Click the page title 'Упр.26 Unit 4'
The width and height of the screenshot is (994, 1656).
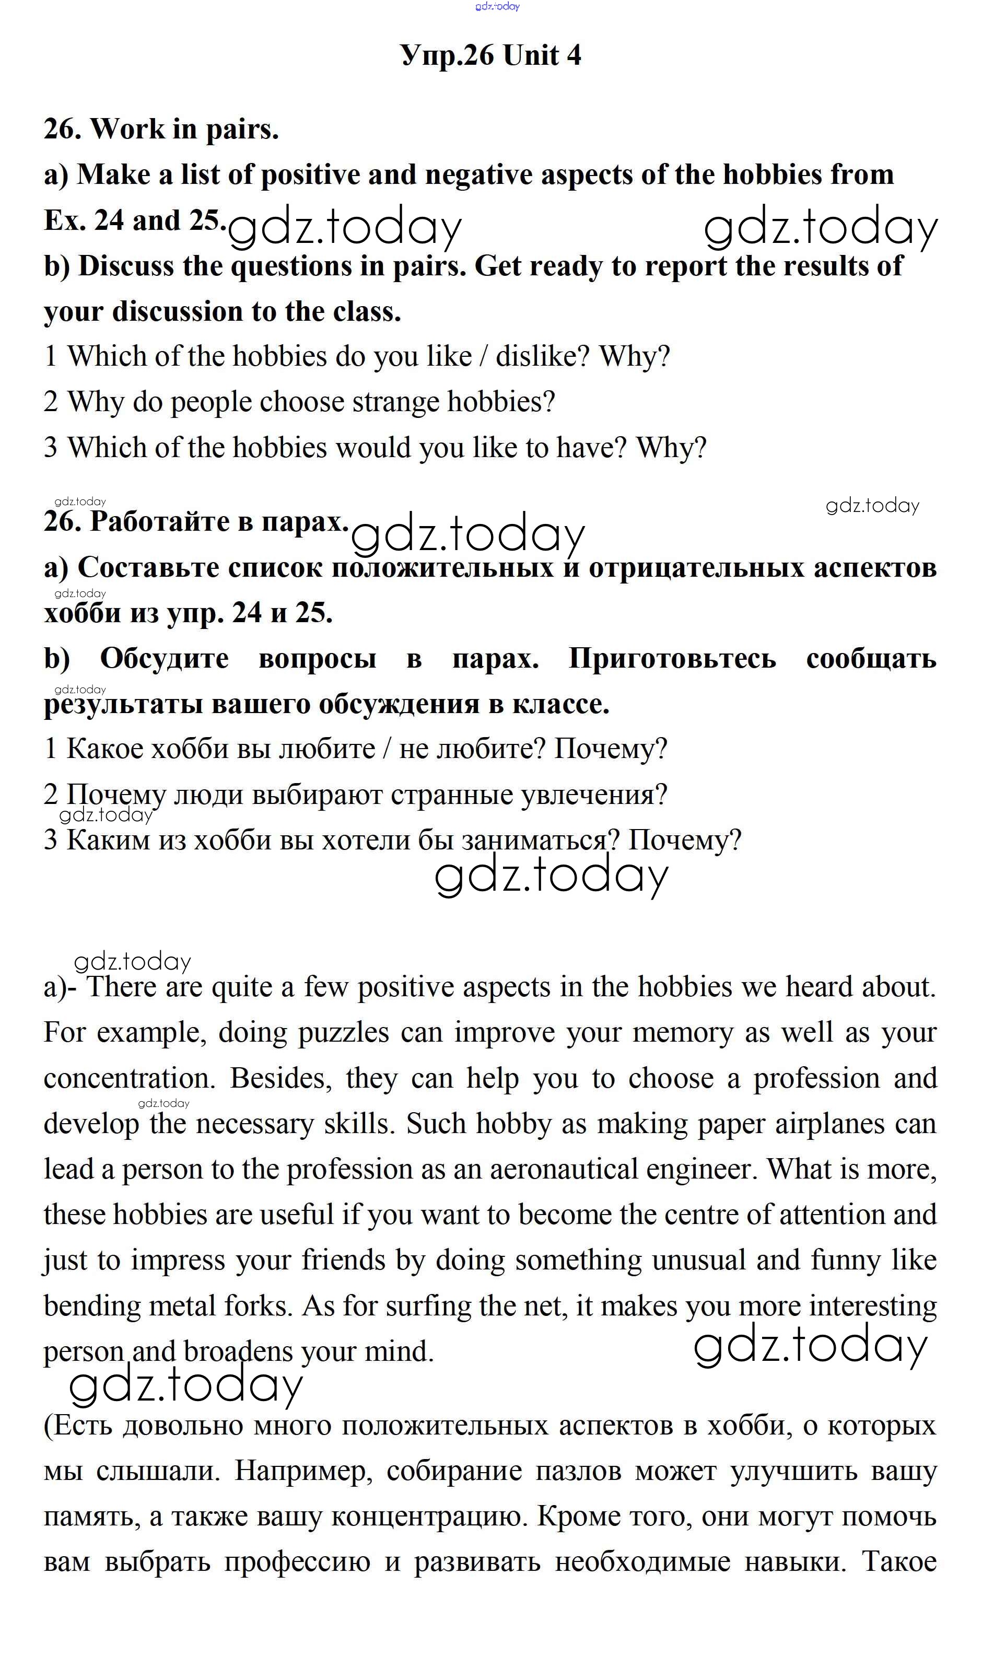[x=490, y=55]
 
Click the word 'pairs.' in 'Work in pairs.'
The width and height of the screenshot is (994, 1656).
[x=242, y=129]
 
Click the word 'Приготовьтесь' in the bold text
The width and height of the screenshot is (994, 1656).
[x=672, y=659]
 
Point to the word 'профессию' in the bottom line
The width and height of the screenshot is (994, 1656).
[x=297, y=1562]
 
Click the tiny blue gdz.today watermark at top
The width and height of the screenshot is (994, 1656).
[x=497, y=7]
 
